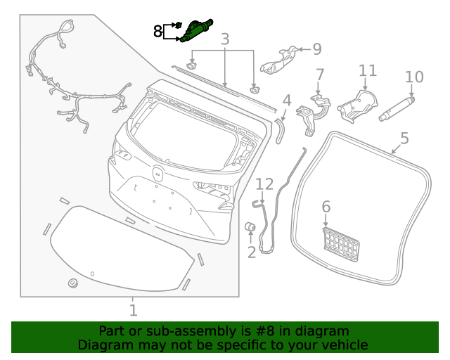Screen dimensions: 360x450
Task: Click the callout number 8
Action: (x=158, y=31)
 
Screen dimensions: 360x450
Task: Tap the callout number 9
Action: (x=316, y=49)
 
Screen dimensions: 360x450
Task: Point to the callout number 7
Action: (x=320, y=75)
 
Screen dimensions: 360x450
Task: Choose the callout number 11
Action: (x=368, y=70)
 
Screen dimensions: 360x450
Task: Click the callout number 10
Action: (x=414, y=77)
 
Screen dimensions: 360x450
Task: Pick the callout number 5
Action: (x=404, y=138)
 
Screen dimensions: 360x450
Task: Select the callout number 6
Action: (x=326, y=206)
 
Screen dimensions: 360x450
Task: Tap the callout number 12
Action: (x=264, y=184)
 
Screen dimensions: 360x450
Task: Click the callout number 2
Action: (x=251, y=252)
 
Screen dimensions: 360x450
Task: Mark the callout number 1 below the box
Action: (x=133, y=309)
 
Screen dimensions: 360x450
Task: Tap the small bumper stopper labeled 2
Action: (x=248, y=226)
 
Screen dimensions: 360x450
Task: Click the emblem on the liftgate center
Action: (x=157, y=173)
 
